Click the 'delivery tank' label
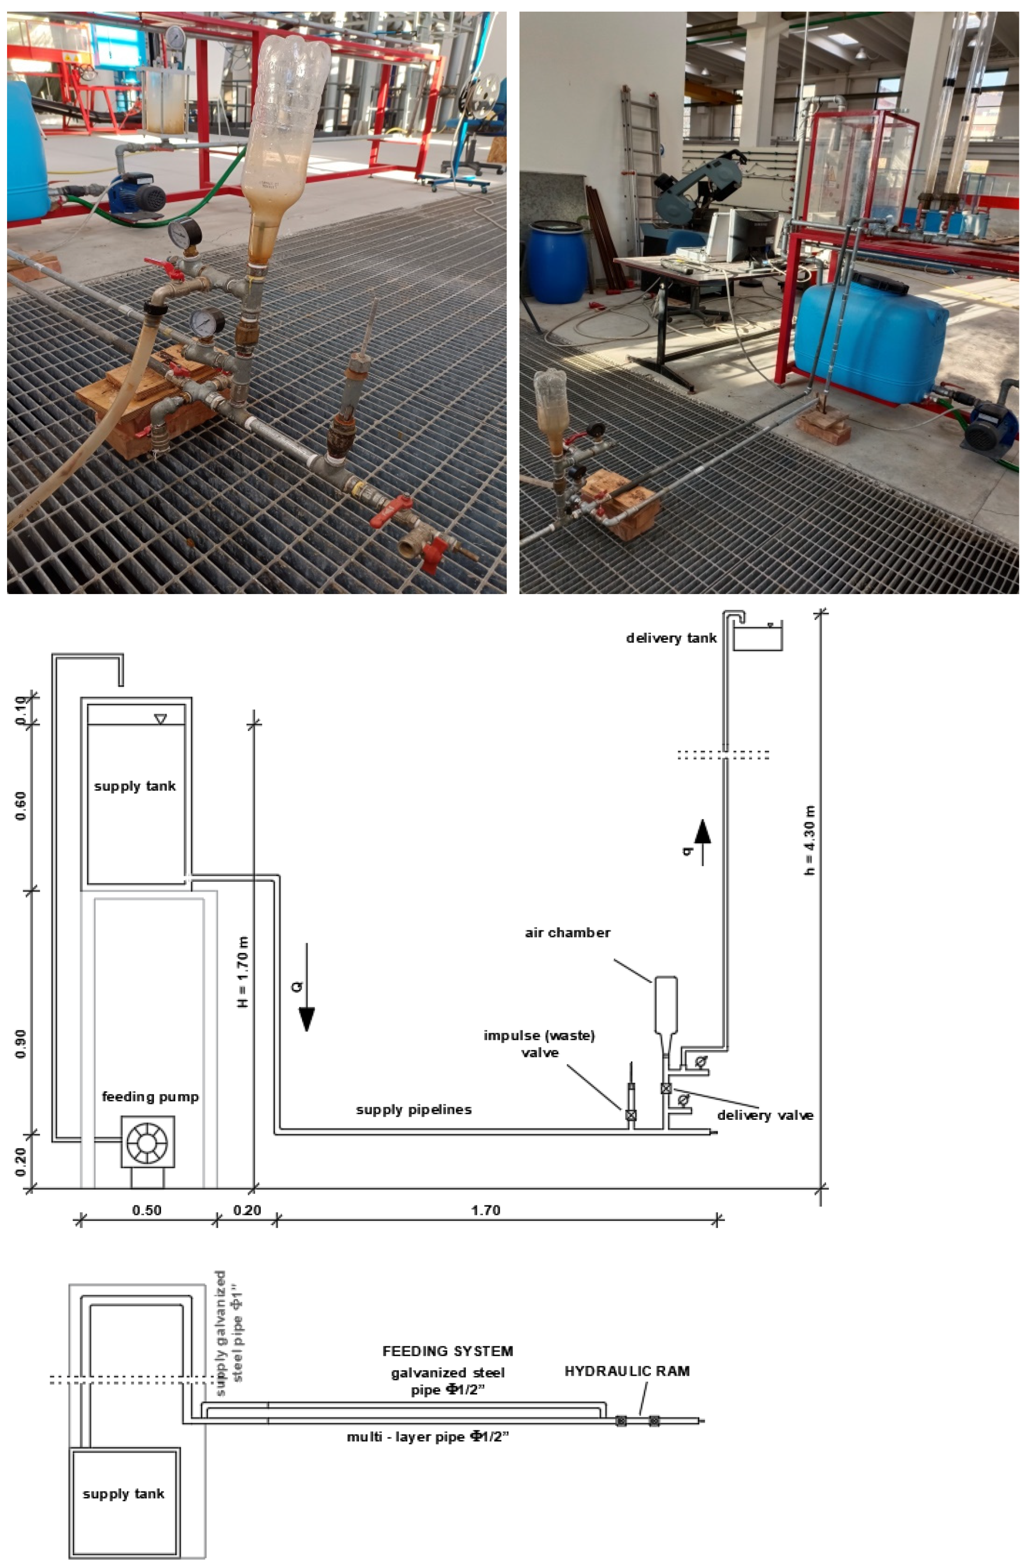point(671,638)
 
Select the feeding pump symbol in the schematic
point(147,1142)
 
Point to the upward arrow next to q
point(702,840)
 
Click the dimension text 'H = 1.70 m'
point(243,972)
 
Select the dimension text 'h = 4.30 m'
point(811,840)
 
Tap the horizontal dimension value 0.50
point(146,1210)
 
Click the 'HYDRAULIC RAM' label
point(626,1371)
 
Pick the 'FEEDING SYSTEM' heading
point(448,1351)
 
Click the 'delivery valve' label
point(765,1115)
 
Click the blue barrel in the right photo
point(557,262)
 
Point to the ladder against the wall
point(641,171)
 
